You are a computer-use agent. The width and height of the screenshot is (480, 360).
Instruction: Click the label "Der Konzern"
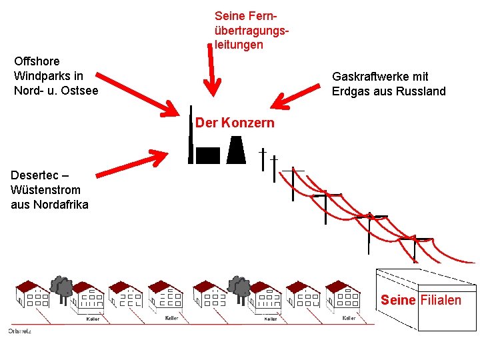coord(235,123)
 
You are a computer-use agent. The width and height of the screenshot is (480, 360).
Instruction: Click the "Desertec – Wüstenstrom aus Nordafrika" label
coord(49,189)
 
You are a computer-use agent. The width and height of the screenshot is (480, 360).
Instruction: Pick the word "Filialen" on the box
coord(441,300)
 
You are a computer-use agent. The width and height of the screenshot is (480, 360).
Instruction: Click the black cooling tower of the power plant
coord(236,150)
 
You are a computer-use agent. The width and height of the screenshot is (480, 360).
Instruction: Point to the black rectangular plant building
coord(207,155)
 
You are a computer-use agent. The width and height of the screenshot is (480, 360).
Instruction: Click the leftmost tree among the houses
coord(63,287)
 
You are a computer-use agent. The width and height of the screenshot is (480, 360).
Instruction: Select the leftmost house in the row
coord(33,295)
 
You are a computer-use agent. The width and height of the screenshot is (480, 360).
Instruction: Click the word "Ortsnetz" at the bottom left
coord(19,331)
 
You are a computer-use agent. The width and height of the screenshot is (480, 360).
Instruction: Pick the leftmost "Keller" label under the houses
coord(93,319)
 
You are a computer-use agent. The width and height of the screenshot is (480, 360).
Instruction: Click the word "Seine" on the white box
coord(398,300)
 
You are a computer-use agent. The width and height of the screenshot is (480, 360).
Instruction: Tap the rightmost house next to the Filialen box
coord(343,295)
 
